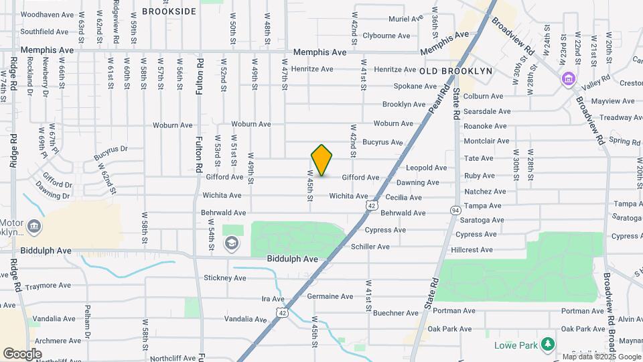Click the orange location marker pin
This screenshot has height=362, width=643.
pyautogui.click(x=322, y=160)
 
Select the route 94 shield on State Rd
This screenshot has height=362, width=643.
pyautogui.click(x=455, y=210)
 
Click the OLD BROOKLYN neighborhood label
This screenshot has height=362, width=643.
pyautogui.click(x=457, y=70)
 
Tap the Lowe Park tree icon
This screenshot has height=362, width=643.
pyautogui.click(x=548, y=344)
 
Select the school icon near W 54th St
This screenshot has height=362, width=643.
pyautogui.click(x=232, y=243)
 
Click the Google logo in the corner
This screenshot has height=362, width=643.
pyautogui.click(x=22, y=353)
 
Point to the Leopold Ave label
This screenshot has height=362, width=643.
pyautogui.click(x=426, y=168)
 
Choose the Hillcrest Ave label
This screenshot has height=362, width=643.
pyautogui.click(x=472, y=250)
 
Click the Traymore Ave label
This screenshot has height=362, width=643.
pyautogui.click(x=46, y=286)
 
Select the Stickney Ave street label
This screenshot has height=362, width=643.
pyautogui.click(x=224, y=278)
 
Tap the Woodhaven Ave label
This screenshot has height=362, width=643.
pyautogui.click(x=47, y=14)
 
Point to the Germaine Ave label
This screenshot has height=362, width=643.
pyautogui.click(x=330, y=296)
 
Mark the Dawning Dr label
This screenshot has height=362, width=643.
pyautogui.click(x=56, y=196)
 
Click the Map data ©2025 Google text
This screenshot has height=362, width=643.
pyautogui.click(x=601, y=357)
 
